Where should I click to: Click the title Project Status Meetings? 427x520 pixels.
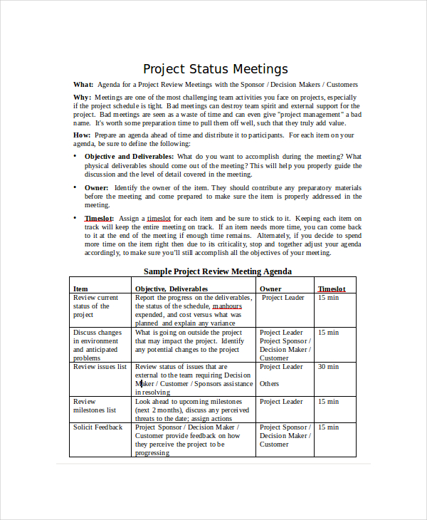tap(216, 69)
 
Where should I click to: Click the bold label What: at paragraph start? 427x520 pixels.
tap(83, 85)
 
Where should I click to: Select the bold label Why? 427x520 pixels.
tap(83, 97)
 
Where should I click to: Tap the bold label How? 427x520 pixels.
tap(83, 135)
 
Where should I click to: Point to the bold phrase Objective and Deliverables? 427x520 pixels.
tap(129, 156)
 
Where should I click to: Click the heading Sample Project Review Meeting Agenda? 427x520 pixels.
tap(218, 271)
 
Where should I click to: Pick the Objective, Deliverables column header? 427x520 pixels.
tap(172, 288)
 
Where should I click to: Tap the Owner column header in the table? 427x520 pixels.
tap(270, 288)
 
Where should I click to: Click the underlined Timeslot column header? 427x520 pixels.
tap(332, 288)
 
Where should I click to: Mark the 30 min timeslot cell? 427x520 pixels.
tap(328, 367)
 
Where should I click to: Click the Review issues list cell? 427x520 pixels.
tap(100, 367)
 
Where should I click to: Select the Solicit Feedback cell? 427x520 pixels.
tap(97, 427)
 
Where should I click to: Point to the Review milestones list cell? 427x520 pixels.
tap(94, 406)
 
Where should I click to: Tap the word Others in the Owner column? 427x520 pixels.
tap(270, 384)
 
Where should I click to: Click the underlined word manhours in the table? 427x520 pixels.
tap(227, 306)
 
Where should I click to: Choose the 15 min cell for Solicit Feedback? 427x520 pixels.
tap(328, 427)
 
